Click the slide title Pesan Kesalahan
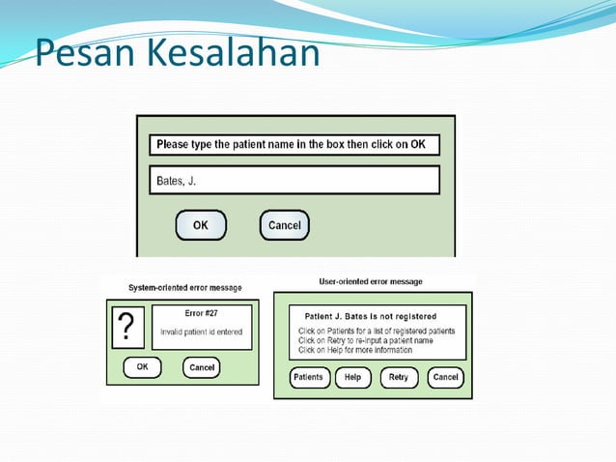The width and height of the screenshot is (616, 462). (x=177, y=52)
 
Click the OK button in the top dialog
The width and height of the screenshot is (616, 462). (x=200, y=225)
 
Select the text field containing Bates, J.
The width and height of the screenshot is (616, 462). (x=294, y=181)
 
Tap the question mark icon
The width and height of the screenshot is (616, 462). (x=125, y=329)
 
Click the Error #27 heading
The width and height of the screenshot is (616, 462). (x=201, y=313)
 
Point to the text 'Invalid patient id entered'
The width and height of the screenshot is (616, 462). (x=201, y=332)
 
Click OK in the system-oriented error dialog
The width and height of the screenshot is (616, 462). (x=142, y=367)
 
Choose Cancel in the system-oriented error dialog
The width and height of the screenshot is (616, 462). (x=201, y=367)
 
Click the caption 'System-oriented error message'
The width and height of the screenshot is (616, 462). (x=185, y=287)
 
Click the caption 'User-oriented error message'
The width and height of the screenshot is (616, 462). (x=371, y=281)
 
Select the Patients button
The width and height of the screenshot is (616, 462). (x=308, y=377)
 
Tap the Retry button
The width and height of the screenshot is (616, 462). (x=399, y=377)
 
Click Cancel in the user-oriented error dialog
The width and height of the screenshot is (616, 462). (x=445, y=377)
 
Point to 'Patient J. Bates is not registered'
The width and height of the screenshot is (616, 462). (x=370, y=316)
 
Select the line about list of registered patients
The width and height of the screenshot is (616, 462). (x=376, y=331)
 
